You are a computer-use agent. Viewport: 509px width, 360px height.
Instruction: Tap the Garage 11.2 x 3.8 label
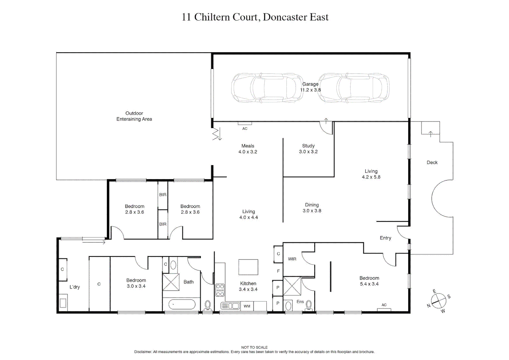coord(310,87)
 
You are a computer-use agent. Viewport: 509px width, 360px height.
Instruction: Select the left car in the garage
coord(267,88)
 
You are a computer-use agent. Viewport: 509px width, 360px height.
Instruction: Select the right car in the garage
coord(354,88)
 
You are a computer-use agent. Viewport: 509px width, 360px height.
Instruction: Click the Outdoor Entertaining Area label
coord(134,116)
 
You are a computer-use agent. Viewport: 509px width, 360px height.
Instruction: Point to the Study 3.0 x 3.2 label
coord(308,149)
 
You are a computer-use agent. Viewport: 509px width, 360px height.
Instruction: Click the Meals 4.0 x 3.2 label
coord(248,149)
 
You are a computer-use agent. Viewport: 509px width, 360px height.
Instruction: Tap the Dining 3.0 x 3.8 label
coord(312,208)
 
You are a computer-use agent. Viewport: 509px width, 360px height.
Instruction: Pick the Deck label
coord(432,163)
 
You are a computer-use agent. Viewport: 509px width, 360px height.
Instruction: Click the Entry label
coord(385,238)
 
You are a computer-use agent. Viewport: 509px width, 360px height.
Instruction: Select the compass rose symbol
coord(439,301)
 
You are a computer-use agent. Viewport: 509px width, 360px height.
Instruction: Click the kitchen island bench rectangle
coord(248,267)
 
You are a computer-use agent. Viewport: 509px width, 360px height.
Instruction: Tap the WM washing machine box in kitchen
coord(247,306)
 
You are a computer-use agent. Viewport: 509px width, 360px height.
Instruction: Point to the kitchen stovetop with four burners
coord(220,290)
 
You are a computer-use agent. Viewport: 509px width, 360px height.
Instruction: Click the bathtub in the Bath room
coord(182,304)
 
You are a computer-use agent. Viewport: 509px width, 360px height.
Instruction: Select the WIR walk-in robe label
coord(292,259)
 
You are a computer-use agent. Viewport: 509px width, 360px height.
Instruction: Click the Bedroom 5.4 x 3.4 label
coord(369,281)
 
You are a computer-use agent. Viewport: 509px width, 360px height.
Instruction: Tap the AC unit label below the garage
coord(245,129)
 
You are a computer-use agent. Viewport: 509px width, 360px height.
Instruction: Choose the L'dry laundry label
coord(75,287)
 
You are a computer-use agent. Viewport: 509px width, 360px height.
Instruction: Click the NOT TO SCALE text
coord(254,347)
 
